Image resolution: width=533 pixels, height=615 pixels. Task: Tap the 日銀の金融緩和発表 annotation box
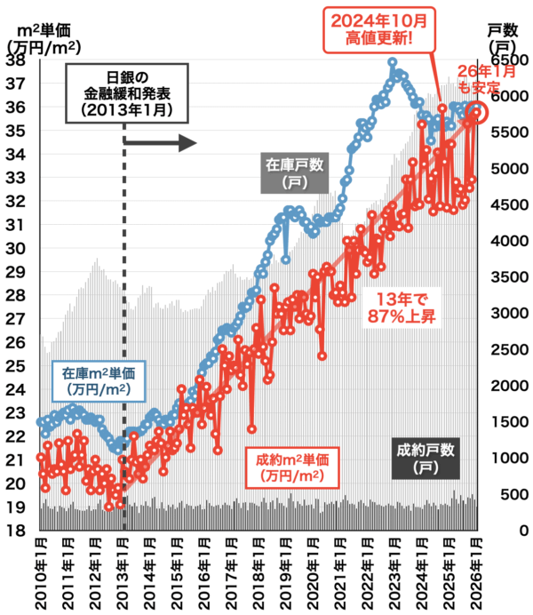(x=125, y=90)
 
